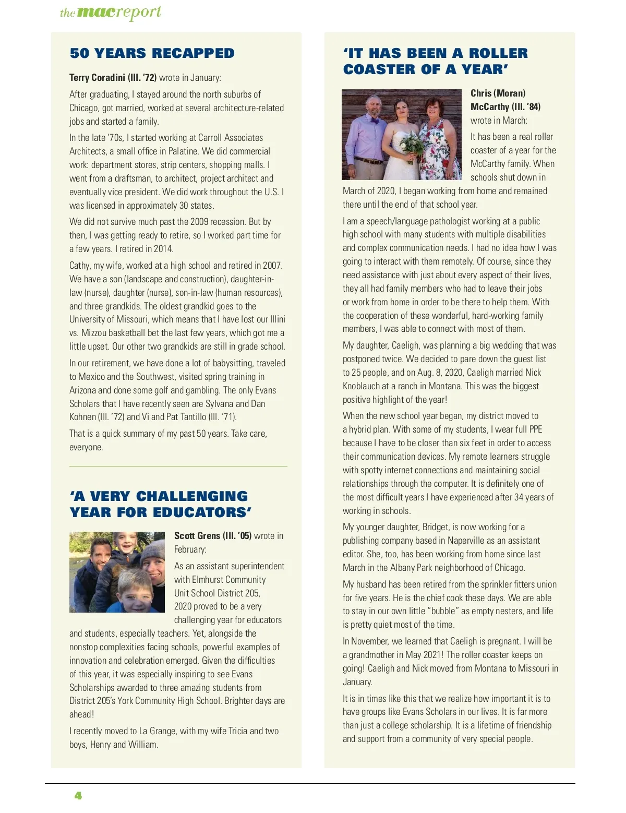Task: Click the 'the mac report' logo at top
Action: pos(111,13)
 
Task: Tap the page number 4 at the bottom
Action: pos(78,796)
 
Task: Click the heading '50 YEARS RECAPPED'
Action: pos(152,53)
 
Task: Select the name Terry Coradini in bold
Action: pos(98,78)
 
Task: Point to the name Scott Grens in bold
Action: pos(197,536)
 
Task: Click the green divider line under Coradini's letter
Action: pos(178,466)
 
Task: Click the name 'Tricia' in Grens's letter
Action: pos(238,731)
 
